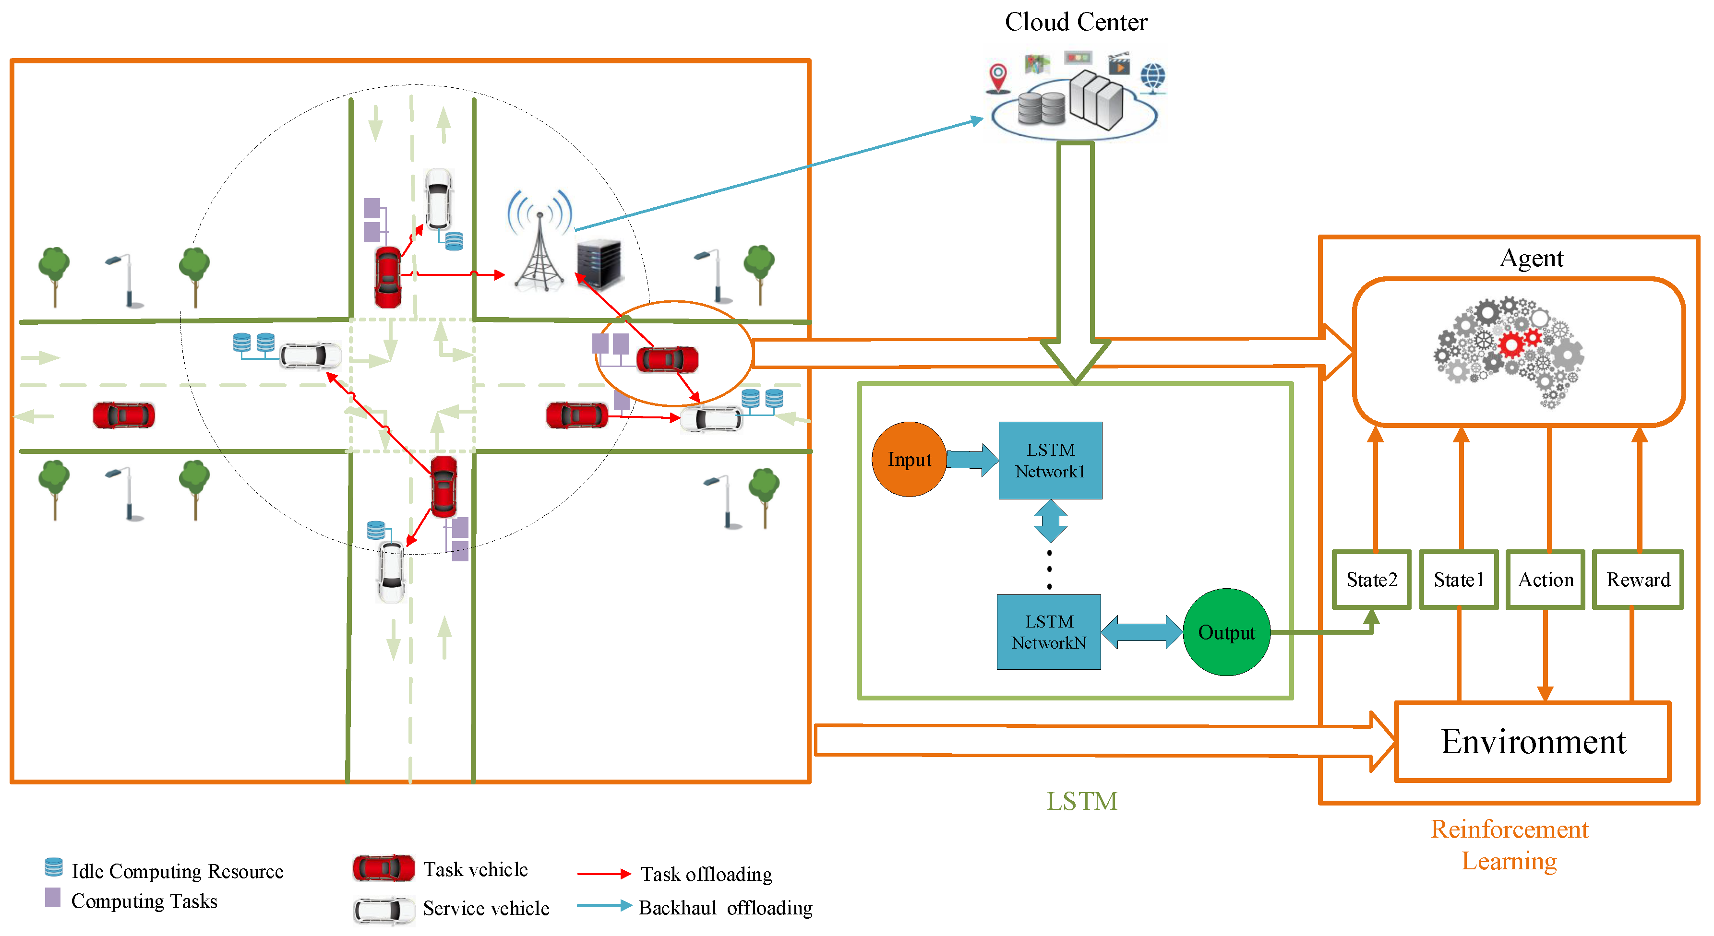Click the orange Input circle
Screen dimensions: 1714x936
click(909, 459)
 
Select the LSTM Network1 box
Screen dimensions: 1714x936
click(1050, 461)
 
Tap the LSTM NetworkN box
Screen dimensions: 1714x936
click(1049, 632)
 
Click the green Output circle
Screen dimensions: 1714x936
click(1226, 632)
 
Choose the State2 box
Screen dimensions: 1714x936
click(1371, 580)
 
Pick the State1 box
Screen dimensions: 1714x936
click(1459, 580)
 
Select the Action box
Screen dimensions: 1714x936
click(1545, 580)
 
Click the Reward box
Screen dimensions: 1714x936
click(1638, 580)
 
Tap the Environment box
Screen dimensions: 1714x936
click(1533, 741)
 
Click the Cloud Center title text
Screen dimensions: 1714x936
click(1076, 22)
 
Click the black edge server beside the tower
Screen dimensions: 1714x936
click(599, 263)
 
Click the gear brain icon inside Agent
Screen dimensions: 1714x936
click(1509, 351)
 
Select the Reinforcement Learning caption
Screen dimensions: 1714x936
click(1509, 845)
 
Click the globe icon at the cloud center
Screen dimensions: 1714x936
click(1152, 78)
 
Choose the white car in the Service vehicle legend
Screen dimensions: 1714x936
click(384, 910)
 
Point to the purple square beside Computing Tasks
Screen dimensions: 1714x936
click(53, 898)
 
